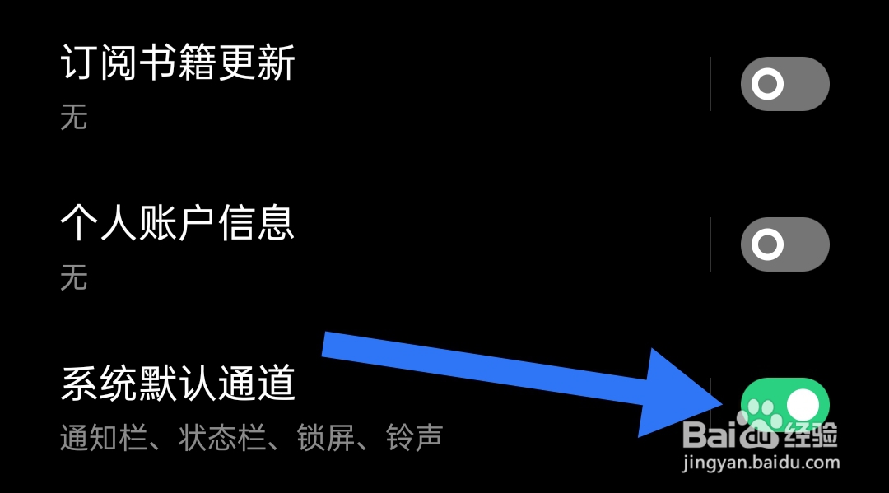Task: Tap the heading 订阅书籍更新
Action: tap(178, 63)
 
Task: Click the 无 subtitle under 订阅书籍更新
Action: tap(73, 118)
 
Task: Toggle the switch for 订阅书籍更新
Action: tap(784, 84)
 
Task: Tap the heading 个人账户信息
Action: tap(178, 223)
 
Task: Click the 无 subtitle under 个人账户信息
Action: tap(73, 278)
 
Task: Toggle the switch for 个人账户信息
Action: tap(784, 244)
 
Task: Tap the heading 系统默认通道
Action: tap(178, 384)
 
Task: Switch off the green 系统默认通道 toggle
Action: tap(784, 404)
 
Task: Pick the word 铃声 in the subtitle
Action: tap(415, 438)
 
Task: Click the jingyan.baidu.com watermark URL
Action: tap(761, 463)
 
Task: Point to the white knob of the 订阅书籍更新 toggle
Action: tap(768, 84)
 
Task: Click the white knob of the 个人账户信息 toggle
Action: tap(768, 244)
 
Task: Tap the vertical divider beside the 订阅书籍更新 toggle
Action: tap(710, 84)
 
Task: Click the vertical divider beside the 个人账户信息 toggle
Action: tap(710, 244)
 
